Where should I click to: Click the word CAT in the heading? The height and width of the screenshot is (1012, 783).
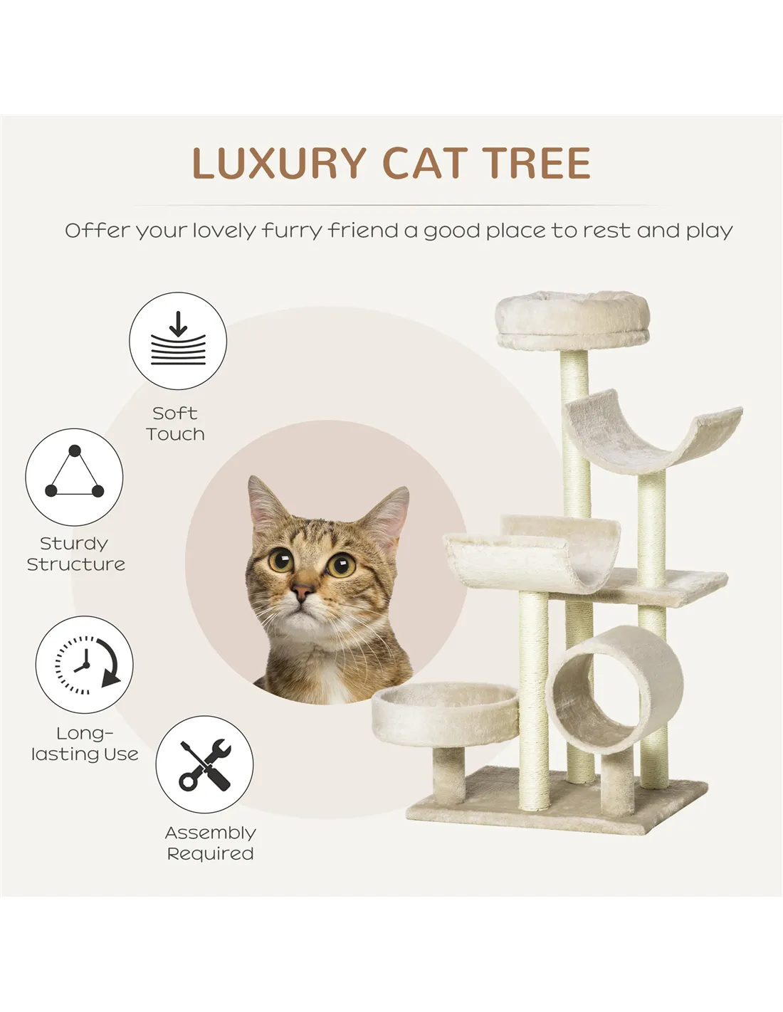point(424,163)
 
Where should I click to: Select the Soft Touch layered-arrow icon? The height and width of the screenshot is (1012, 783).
point(178,340)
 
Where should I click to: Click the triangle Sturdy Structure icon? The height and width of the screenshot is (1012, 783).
point(74,478)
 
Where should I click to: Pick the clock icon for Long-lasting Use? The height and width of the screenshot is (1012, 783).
point(84,665)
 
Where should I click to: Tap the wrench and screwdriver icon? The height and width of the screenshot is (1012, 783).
point(204,764)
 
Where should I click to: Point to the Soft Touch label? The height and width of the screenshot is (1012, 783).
point(175,423)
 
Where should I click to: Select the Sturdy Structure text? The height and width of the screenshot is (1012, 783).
point(76,553)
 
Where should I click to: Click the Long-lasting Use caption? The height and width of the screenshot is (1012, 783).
point(85,743)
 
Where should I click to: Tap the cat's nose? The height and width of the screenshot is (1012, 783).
point(303,593)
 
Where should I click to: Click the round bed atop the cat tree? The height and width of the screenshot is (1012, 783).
point(572,320)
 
